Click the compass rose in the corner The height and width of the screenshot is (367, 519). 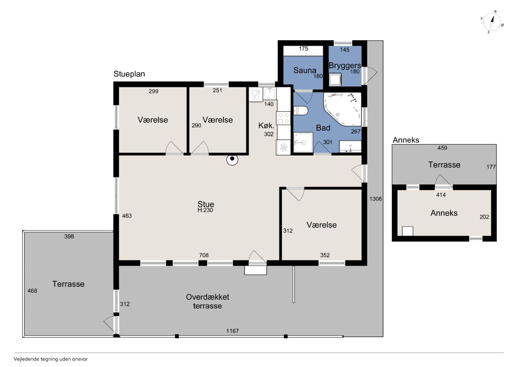pos(492,22)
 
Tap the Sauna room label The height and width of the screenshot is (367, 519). pos(305,70)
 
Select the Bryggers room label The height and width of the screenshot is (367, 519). pos(345,66)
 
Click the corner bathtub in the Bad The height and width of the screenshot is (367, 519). pos(343,109)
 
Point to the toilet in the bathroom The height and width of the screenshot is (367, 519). pos(300,111)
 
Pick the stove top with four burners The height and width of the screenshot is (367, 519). pos(283,118)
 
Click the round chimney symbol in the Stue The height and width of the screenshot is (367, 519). pos(232,159)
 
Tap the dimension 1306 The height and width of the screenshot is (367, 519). pos(375,199)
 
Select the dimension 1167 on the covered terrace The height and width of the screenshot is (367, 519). pos(232,331)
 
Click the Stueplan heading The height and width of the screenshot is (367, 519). pos(129,74)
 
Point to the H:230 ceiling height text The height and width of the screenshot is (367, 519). pos(205,210)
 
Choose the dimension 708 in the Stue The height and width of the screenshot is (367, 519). pos(204,255)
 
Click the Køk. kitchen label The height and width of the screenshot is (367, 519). pos(266,126)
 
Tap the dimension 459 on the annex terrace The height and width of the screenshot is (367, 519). pos(442,148)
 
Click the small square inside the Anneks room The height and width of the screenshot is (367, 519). pos(407,231)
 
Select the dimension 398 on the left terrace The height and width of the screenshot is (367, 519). pos(69,236)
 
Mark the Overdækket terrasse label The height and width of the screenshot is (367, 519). pos(208,301)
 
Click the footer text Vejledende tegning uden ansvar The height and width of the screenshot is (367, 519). pos(51,359)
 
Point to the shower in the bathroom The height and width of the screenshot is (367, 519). pos(303,142)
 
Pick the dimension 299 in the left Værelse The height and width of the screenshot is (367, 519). pos(154,91)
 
